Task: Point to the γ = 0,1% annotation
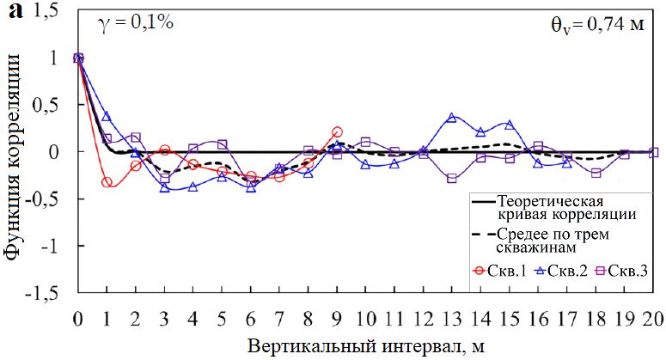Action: [138, 22]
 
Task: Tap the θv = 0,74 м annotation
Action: [597, 24]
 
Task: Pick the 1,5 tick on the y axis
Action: [52, 11]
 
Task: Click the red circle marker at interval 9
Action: [337, 132]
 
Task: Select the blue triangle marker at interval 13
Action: [452, 118]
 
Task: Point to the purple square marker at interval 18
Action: [596, 173]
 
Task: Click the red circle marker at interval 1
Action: [107, 182]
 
